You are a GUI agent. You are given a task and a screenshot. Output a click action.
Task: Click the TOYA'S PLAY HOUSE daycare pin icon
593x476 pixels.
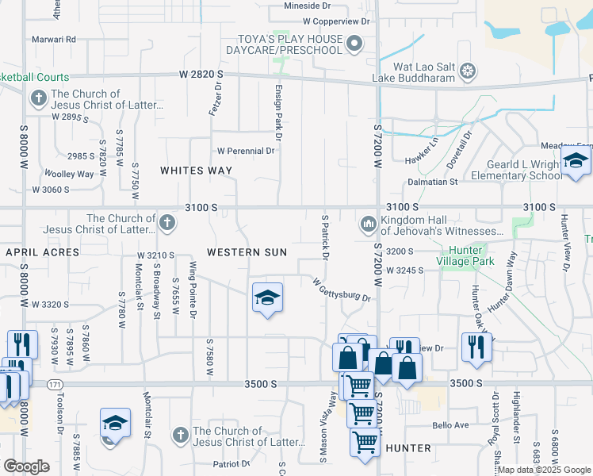(x=354, y=44)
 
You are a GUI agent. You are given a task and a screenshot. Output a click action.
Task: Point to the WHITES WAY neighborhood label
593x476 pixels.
(x=197, y=171)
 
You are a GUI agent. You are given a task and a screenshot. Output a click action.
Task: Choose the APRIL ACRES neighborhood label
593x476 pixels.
(x=43, y=252)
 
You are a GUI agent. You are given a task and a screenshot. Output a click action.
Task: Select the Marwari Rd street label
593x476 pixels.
(x=53, y=39)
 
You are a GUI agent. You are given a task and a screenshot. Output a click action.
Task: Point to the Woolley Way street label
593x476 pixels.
(x=69, y=174)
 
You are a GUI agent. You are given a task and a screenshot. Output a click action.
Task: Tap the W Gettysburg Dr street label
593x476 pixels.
(x=342, y=290)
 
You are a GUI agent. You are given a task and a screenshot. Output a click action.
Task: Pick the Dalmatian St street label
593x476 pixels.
(x=432, y=182)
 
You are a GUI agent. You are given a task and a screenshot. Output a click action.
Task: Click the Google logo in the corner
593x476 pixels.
(x=26, y=466)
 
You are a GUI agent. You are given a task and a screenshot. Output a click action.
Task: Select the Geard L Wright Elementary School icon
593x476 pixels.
(x=576, y=163)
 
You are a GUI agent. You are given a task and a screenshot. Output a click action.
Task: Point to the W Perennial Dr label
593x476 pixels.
(x=246, y=150)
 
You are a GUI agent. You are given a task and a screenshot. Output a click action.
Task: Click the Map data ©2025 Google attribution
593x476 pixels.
(x=544, y=470)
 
